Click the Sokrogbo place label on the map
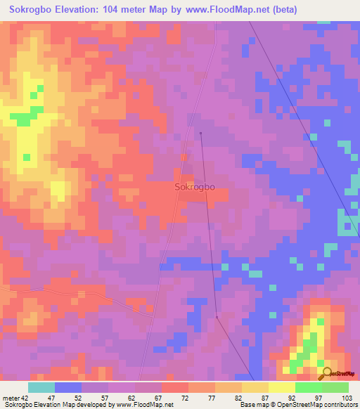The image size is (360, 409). point(194,188)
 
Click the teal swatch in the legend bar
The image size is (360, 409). point(41,387)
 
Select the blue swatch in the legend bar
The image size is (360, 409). point(67,387)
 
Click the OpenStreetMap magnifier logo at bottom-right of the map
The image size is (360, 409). point(326,375)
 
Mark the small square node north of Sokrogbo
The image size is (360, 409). point(200,133)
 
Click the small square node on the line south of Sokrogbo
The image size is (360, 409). point(217,317)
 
